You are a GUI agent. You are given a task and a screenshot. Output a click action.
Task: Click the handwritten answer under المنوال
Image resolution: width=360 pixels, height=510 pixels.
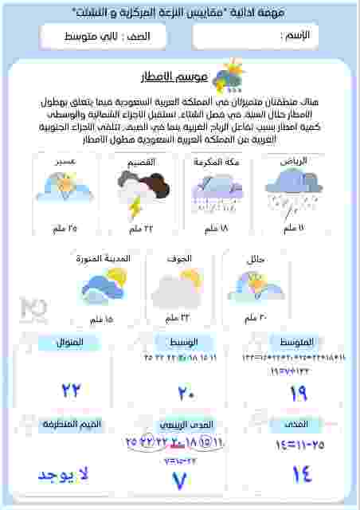click(72, 391)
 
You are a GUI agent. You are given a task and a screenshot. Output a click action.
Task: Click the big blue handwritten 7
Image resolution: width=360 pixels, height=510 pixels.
click(180, 481)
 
